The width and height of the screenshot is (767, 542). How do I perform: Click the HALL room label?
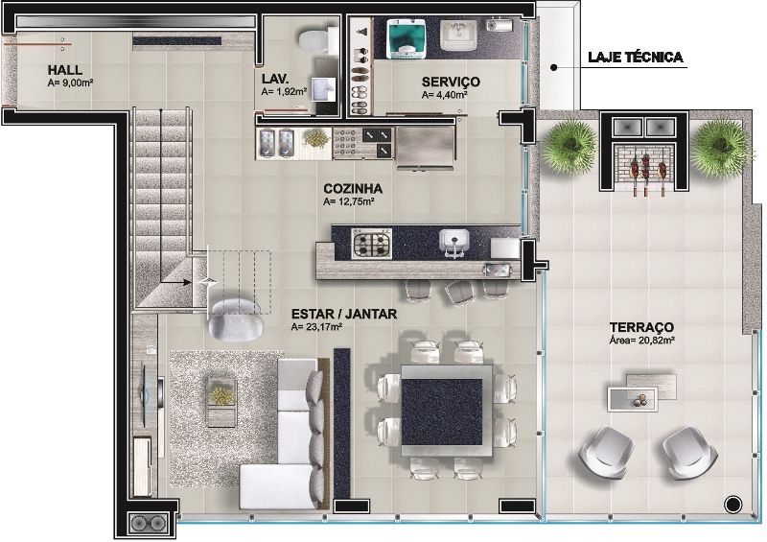click(64, 70)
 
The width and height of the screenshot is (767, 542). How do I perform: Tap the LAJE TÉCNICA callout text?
click(635, 58)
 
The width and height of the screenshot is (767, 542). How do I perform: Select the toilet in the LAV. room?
click(314, 40)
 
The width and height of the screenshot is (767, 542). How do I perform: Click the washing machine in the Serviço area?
click(405, 39)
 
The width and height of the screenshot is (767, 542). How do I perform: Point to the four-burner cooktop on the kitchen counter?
click(372, 244)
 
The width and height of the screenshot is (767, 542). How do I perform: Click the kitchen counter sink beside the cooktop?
click(453, 243)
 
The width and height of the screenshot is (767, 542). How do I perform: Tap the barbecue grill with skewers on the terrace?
click(645, 168)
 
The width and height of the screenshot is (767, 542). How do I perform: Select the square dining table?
click(446, 411)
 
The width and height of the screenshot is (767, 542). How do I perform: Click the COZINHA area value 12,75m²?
click(349, 201)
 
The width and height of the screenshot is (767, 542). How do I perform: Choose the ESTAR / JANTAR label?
click(344, 314)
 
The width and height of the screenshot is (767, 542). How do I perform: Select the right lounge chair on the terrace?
click(689, 453)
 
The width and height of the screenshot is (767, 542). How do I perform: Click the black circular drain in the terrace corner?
click(732, 505)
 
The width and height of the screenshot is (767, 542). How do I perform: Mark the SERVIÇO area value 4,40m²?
click(444, 96)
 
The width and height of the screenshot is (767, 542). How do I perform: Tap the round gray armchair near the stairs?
click(236, 319)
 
